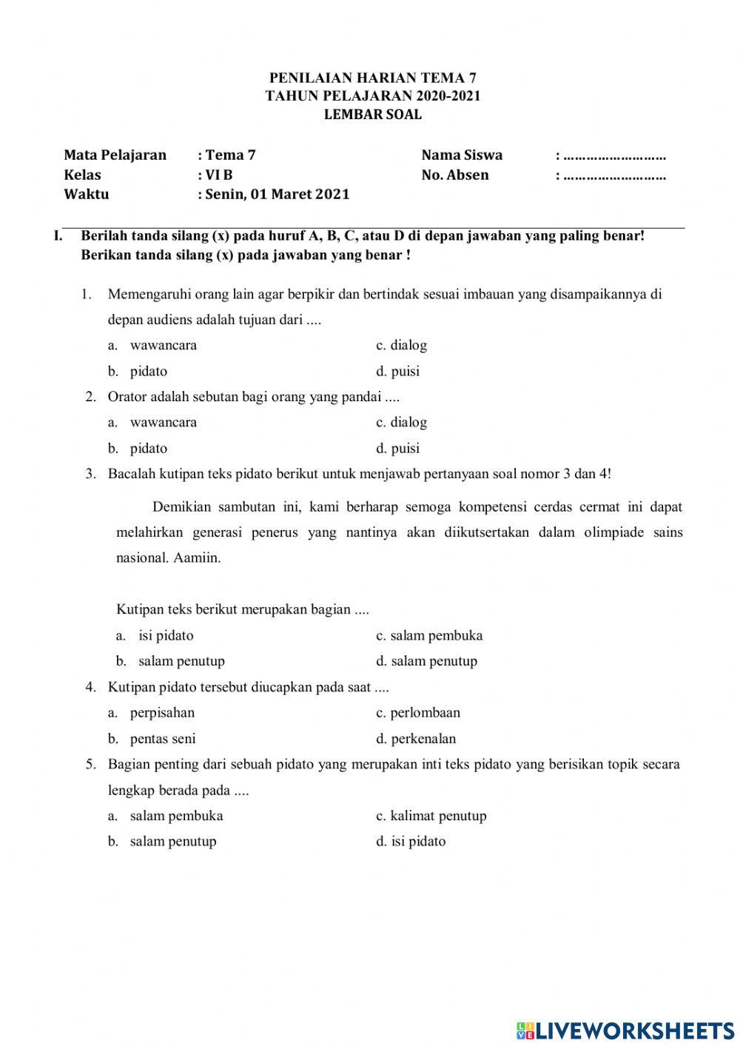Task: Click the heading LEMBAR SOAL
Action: [373, 115]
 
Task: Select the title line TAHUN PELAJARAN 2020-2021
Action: [373, 96]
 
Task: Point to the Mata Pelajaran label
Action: [115, 155]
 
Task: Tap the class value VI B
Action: [219, 175]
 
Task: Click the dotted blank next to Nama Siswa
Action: [614, 157]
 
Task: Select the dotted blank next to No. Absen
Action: [614, 177]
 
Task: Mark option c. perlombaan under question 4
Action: [418, 713]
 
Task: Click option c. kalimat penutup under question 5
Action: [431, 816]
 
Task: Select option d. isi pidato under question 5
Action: [411, 842]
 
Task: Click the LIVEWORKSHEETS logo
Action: [625, 1030]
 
